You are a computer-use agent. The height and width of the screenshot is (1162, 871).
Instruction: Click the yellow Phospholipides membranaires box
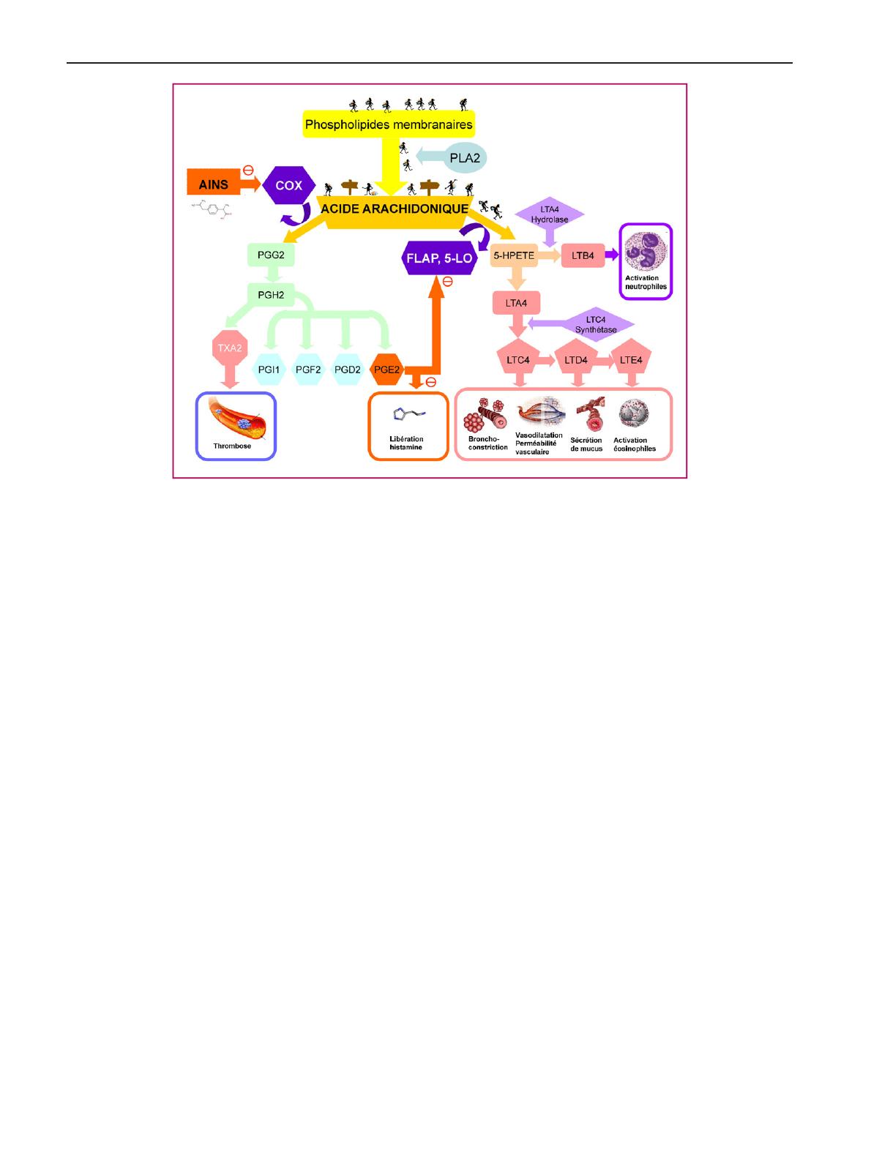[389, 124]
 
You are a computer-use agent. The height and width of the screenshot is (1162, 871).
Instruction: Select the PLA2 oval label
[465, 157]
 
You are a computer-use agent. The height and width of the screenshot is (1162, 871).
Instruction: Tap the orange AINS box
[214, 185]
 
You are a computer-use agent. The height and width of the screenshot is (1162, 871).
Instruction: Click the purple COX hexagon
[288, 185]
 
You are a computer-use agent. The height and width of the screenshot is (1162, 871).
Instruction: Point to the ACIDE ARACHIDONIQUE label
[395, 209]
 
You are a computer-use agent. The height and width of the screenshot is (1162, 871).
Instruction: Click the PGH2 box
[270, 295]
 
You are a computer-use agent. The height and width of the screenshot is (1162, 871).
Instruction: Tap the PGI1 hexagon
[269, 370]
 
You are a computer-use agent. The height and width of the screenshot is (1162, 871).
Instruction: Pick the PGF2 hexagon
[308, 370]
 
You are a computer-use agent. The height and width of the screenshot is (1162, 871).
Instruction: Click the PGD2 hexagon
[347, 370]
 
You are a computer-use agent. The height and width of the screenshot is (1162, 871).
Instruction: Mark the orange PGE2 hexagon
[386, 370]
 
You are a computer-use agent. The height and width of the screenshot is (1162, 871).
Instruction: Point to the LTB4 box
[583, 256]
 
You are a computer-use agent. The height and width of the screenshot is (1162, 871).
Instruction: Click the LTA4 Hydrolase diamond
[550, 215]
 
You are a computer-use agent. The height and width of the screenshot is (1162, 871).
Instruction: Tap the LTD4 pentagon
[577, 360]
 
